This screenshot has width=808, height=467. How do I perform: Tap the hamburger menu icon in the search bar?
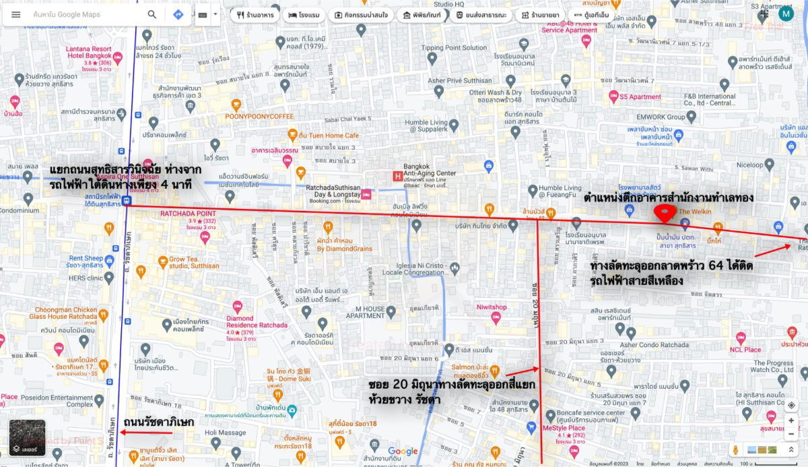[x=16, y=15]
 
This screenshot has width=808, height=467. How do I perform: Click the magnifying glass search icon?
[x=152, y=15]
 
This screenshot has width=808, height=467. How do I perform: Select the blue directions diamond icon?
[x=178, y=15]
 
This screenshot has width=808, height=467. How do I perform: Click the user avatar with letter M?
[x=786, y=13]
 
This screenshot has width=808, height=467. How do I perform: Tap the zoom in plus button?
[x=791, y=421]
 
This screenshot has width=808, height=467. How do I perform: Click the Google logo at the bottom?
[x=403, y=452]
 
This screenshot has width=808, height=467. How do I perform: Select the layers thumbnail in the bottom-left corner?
[x=27, y=437]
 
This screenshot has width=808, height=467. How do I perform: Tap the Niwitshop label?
[x=492, y=307]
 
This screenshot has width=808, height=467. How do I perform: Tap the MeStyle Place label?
[x=564, y=428]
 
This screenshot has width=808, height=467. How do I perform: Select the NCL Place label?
[x=745, y=350]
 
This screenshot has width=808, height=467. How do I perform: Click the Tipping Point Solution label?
[x=454, y=48]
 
